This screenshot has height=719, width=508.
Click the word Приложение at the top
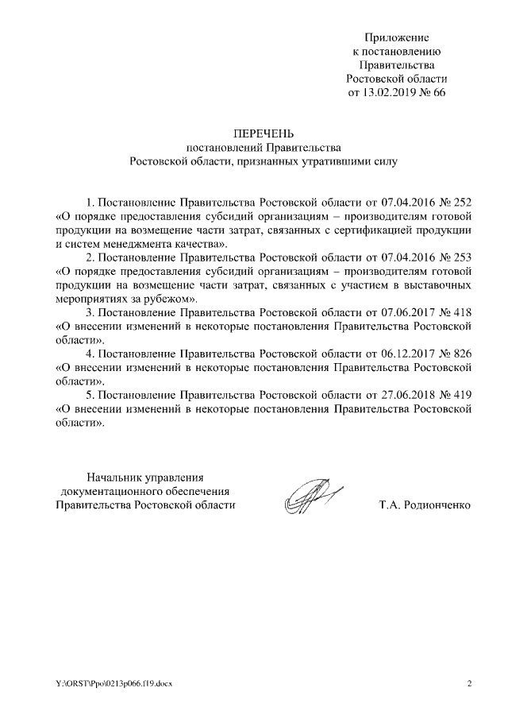click(397, 37)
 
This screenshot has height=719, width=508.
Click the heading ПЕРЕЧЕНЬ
click(263, 133)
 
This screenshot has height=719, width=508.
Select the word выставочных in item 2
click(443, 284)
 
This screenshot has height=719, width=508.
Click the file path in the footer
click(112, 683)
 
